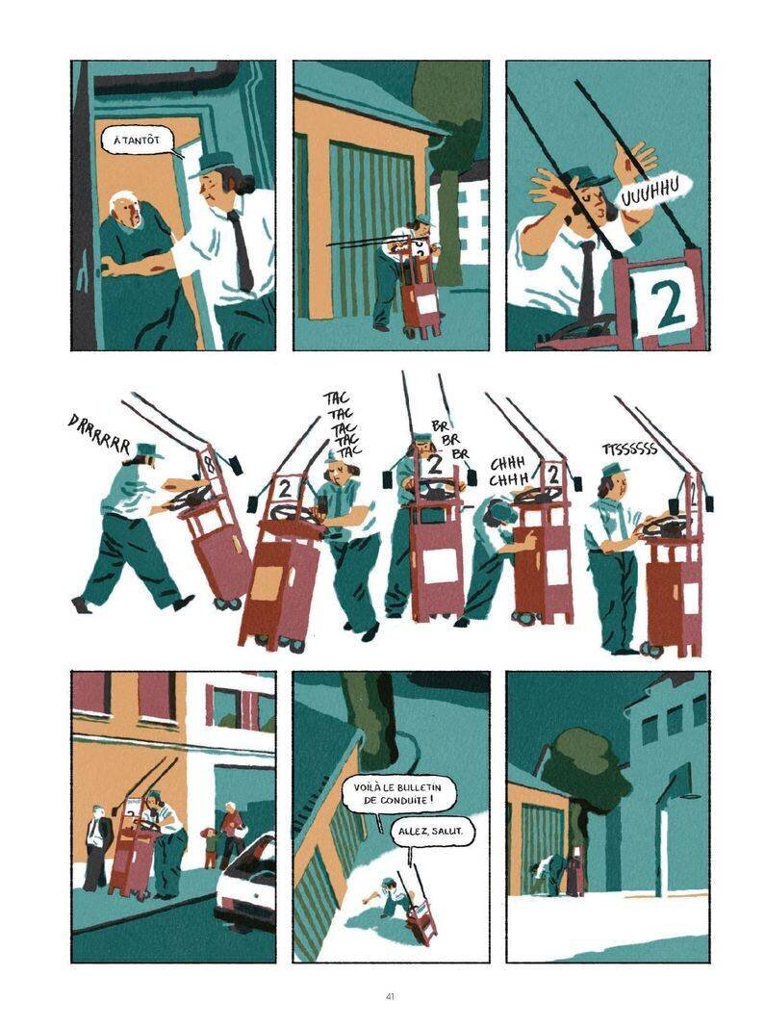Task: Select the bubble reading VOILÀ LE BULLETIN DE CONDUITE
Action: (x=401, y=798)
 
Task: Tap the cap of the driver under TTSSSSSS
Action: (x=613, y=468)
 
